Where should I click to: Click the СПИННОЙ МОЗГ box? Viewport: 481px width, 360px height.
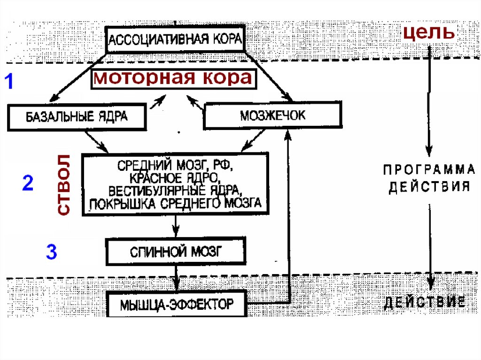[x=176, y=252]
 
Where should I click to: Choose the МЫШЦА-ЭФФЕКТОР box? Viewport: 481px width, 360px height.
[x=176, y=304]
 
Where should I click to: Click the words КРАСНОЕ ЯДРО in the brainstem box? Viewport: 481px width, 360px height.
[x=175, y=178]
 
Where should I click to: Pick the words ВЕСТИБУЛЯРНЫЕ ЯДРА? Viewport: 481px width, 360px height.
[x=175, y=190]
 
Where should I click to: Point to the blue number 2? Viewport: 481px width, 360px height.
[x=28, y=183]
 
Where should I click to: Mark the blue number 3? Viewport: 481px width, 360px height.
[x=51, y=252]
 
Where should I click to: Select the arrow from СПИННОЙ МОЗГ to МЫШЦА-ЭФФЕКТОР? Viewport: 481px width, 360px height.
[x=176, y=278]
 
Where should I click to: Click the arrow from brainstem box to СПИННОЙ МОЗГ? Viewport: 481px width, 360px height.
[x=176, y=228]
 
